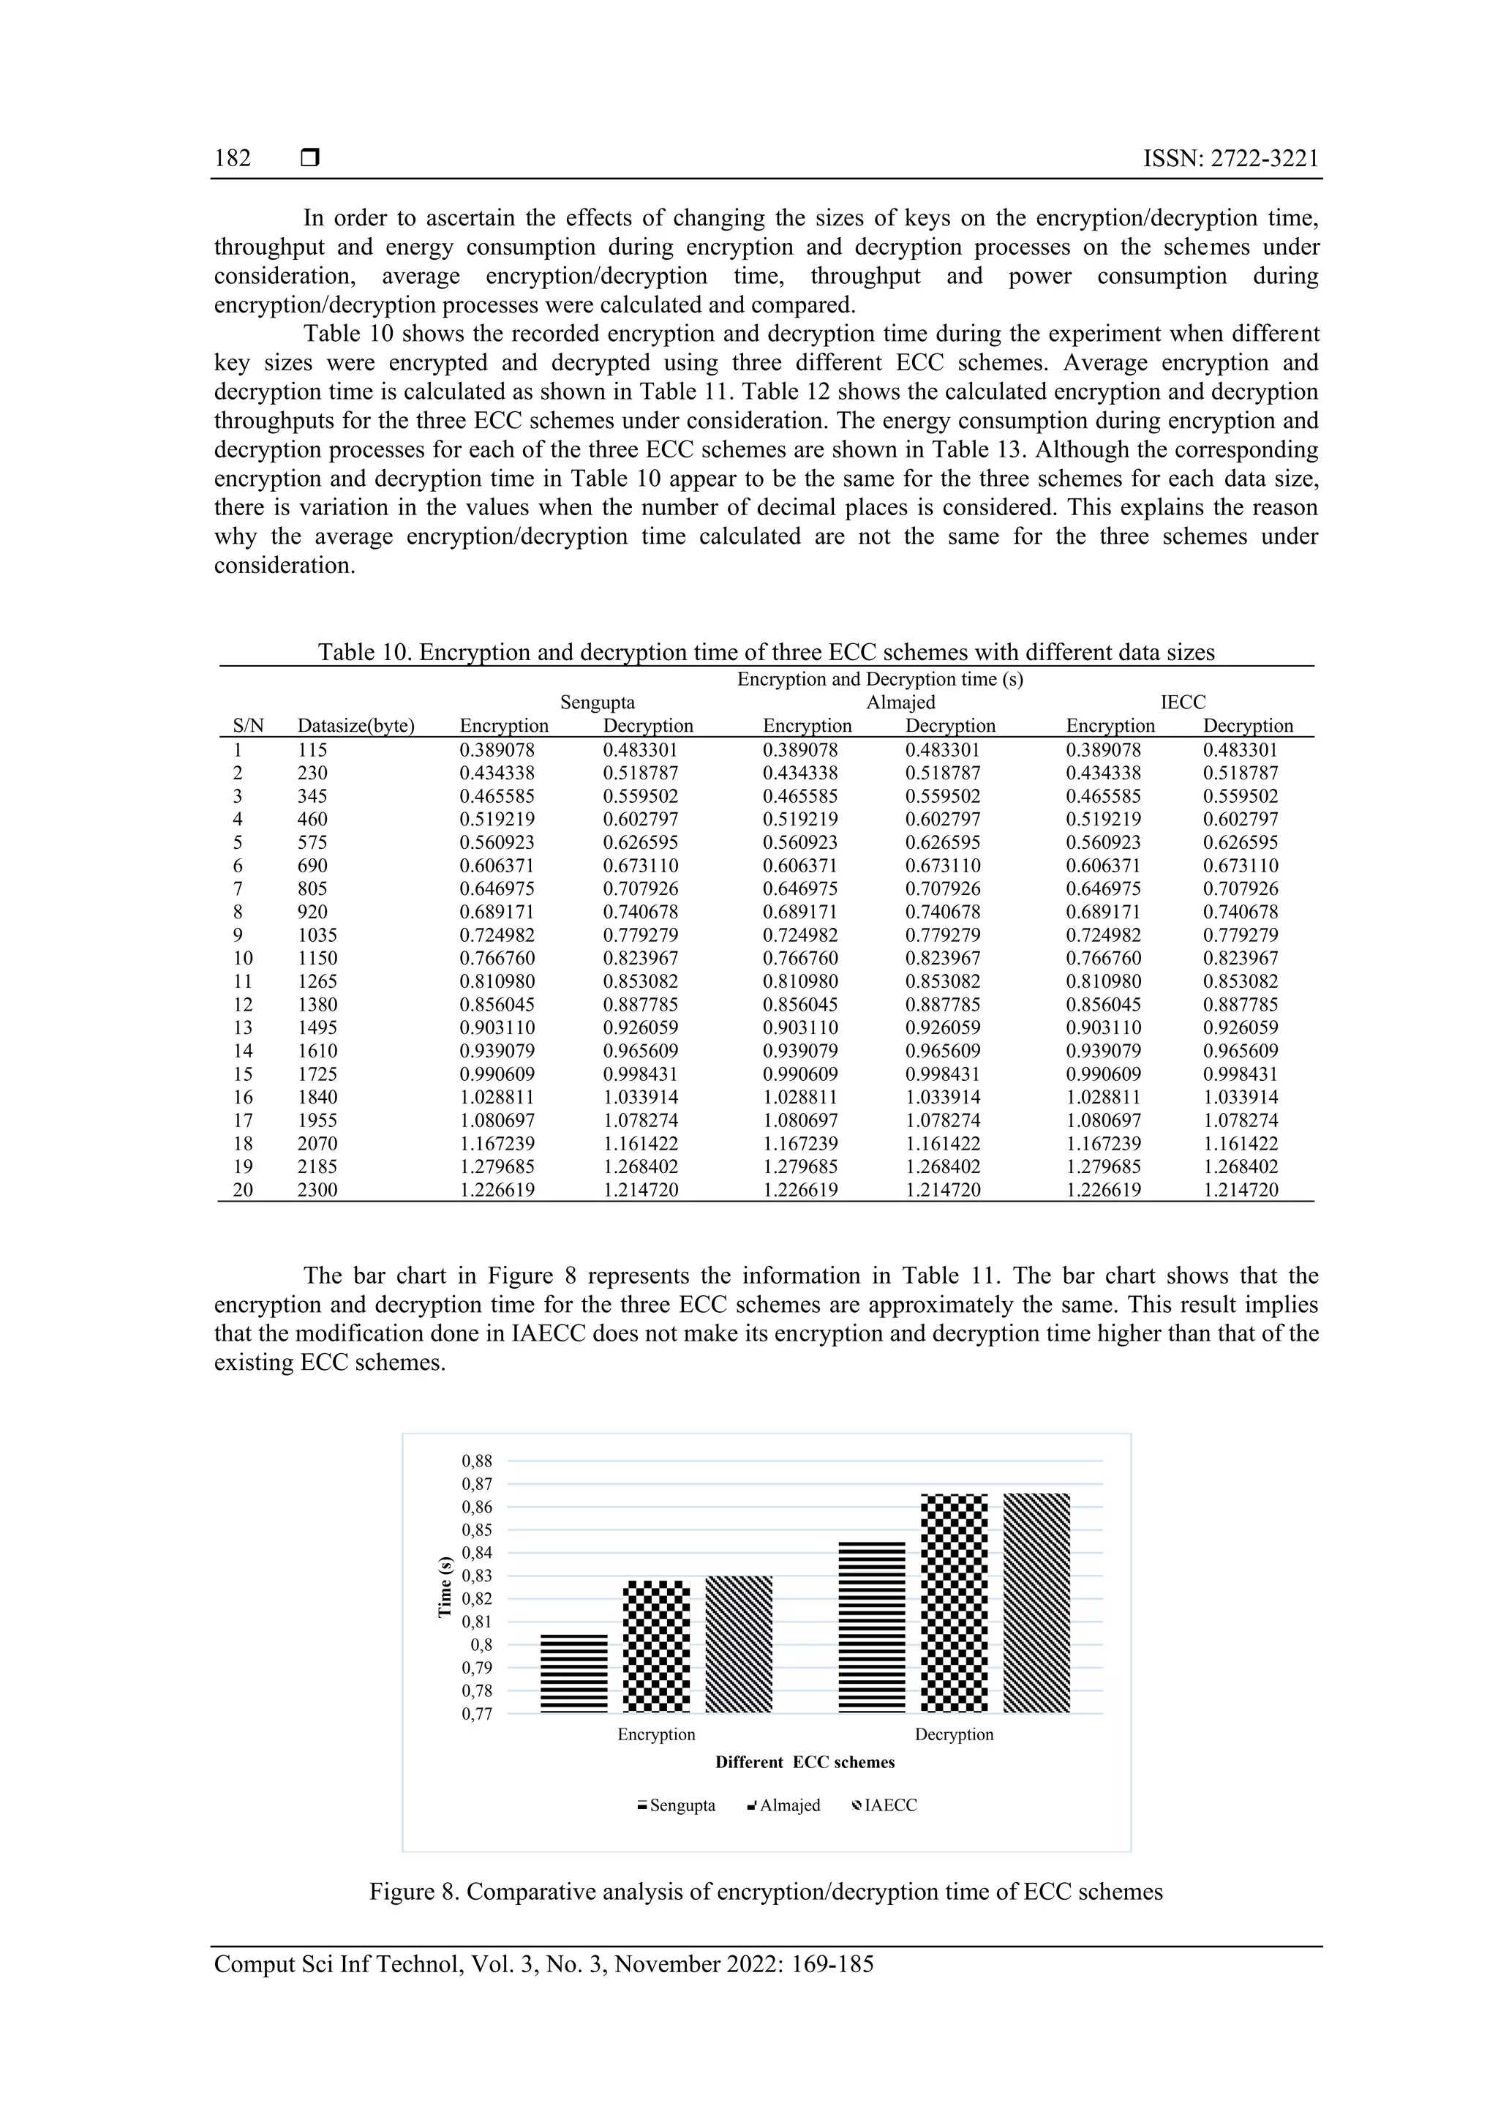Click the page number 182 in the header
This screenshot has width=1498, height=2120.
click(232, 159)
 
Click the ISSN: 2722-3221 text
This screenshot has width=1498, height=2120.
click(1230, 159)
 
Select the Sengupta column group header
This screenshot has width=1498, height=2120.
click(597, 702)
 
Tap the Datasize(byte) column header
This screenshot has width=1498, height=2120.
click(355, 726)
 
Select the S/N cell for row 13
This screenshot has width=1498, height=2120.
click(242, 1027)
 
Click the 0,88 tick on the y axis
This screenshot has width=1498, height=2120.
click(476, 1461)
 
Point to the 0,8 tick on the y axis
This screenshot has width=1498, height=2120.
click(481, 1644)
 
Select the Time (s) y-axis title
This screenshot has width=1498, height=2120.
click(445, 1587)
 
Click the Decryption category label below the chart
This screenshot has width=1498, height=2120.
click(954, 1734)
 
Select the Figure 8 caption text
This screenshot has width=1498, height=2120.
click(765, 1891)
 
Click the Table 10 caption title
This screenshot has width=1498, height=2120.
click(765, 652)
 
